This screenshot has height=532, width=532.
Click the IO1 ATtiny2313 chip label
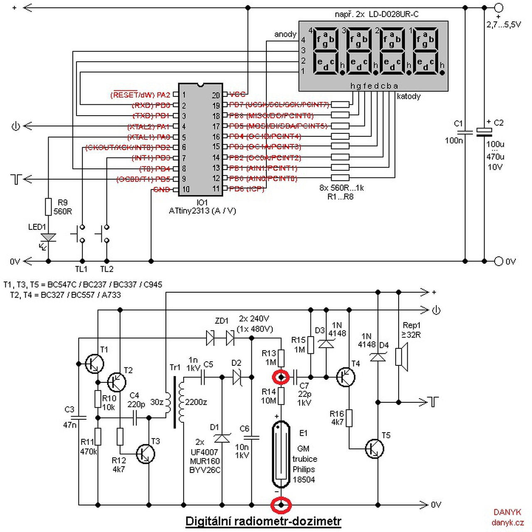click(x=202, y=207)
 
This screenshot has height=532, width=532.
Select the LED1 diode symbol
click(x=49, y=238)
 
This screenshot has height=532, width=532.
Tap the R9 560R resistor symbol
click(x=49, y=207)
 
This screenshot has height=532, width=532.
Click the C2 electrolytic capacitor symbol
click(x=484, y=132)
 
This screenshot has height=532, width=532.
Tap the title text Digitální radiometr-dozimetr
click(x=263, y=521)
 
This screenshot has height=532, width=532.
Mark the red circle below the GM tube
click(x=281, y=505)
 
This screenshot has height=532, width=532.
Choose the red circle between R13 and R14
click(x=281, y=377)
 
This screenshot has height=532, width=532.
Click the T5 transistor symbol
click(x=375, y=448)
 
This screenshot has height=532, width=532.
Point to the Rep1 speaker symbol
click(x=401, y=357)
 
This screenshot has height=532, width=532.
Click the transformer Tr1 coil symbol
click(x=175, y=402)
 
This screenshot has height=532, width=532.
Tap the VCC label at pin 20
click(x=237, y=95)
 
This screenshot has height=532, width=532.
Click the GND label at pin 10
click(x=161, y=190)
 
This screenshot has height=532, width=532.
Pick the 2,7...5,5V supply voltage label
click(x=504, y=25)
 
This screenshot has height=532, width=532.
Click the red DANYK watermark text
click(x=507, y=512)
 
